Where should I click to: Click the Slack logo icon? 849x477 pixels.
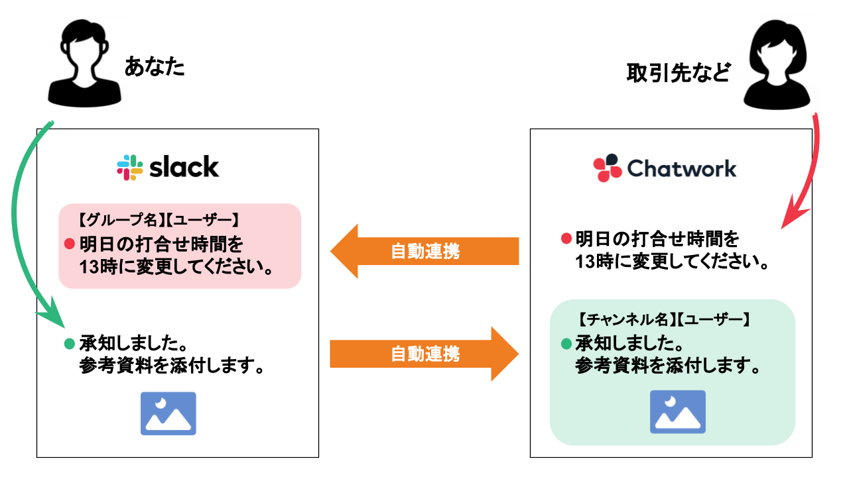point(130,168)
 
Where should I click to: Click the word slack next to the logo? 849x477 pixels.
point(184,168)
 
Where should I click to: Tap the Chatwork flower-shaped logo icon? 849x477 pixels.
point(607,168)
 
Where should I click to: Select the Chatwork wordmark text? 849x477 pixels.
point(681,168)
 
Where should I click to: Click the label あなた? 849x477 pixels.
point(154,67)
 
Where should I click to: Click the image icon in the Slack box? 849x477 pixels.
point(168,413)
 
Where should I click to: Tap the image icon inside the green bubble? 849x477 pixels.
point(677,411)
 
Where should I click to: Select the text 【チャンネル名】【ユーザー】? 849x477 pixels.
point(663,319)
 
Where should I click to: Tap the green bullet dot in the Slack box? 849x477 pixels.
point(69,344)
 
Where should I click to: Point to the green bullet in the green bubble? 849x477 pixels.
point(566,344)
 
